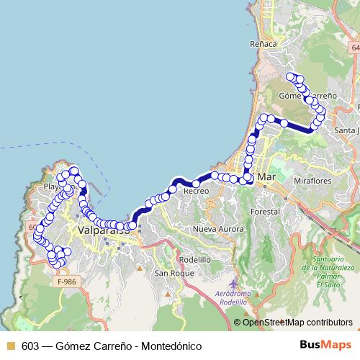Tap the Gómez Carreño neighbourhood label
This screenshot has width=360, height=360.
pyautogui.click(x=307, y=95)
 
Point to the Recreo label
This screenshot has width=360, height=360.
pyautogui.click(x=196, y=192)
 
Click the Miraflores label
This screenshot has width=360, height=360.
pyautogui.click(x=312, y=181)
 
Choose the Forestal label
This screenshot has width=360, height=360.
pyautogui.click(x=264, y=212)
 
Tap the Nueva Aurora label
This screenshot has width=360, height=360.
pyautogui.click(x=214, y=229)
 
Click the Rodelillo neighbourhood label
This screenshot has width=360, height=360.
pyautogui.click(x=194, y=259)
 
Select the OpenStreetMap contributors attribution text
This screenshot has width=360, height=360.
pyautogui.click(x=297, y=322)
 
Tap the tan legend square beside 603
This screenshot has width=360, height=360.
pyautogui.click(x=10, y=346)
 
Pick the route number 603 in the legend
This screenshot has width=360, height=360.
pyautogui.click(x=30, y=346)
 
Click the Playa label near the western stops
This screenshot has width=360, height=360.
pyautogui.click(x=54, y=186)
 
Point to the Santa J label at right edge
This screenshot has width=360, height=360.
pyautogui.click(x=346, y=130)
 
